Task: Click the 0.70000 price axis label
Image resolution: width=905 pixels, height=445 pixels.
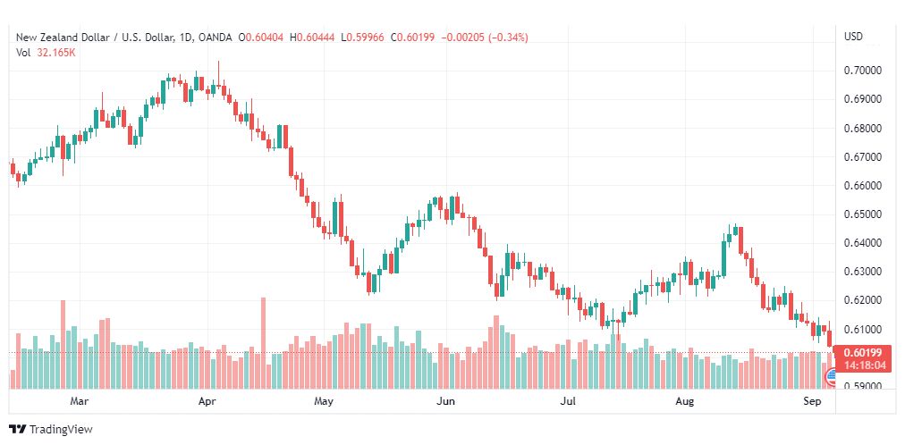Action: [x=863, y=71]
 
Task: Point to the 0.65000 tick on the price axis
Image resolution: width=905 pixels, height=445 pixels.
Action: [x=863, y=214]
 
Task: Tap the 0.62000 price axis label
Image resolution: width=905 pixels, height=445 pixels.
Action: [x=863, y=300]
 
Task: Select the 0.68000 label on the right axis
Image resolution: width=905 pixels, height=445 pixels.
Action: [x=863, y=128]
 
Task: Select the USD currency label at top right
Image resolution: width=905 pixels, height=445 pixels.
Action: [x=854, y=37]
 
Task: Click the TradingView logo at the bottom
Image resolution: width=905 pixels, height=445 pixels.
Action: [x=51, y=430]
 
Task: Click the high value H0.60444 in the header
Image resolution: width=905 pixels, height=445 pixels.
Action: [x=312, y=38]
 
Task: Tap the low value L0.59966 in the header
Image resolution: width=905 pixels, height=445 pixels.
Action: [x=362, y=38]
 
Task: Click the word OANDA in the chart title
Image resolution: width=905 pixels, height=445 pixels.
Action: [x=215, y=38]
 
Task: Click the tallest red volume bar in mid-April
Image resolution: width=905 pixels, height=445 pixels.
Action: [x=263, y=343]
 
